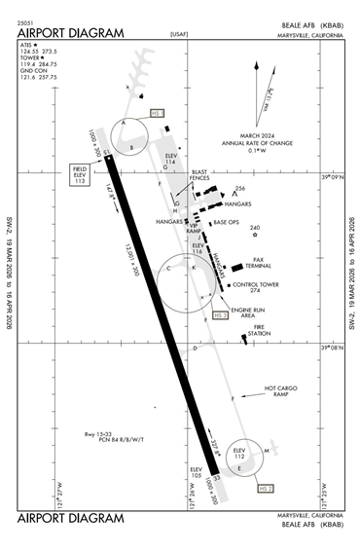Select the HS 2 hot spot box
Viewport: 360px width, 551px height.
[265, 484]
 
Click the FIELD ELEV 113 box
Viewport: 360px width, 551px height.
[79, 176]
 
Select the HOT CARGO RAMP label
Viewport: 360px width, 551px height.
[282, 391]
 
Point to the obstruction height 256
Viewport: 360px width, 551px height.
[240, 189]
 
